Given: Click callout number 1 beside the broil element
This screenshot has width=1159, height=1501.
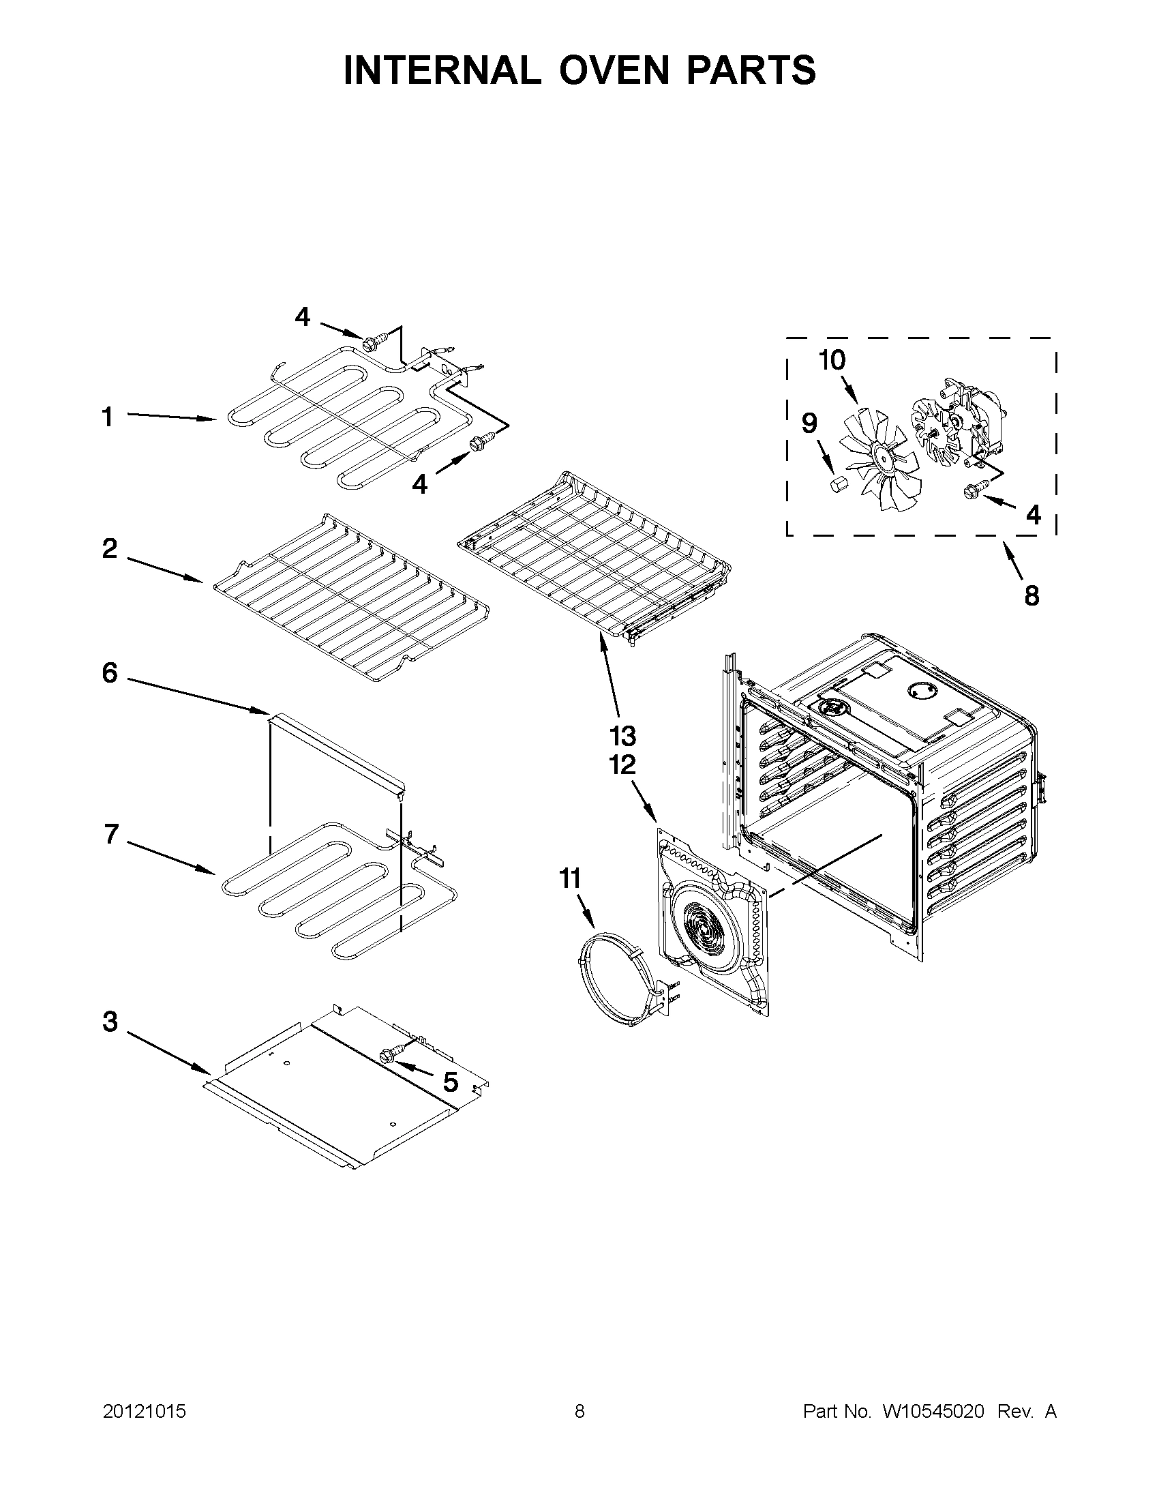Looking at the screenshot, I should (107, 417).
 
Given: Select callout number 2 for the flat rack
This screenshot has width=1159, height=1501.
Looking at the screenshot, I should (110, 548).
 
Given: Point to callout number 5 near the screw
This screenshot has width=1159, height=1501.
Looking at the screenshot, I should (450, 1082).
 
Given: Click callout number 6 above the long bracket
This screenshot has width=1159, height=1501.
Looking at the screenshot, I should (110, 673).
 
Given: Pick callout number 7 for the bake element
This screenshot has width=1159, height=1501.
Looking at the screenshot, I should (111, 834).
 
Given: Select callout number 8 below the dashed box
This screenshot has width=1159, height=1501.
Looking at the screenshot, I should (1032, 595).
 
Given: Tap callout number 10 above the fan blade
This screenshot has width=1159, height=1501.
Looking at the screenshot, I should (832, 360).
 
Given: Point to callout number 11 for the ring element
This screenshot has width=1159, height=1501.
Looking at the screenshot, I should (569, 878).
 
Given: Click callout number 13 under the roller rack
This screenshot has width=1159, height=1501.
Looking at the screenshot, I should (623, 736).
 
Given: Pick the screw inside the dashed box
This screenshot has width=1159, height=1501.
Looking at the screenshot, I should (975, 489).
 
